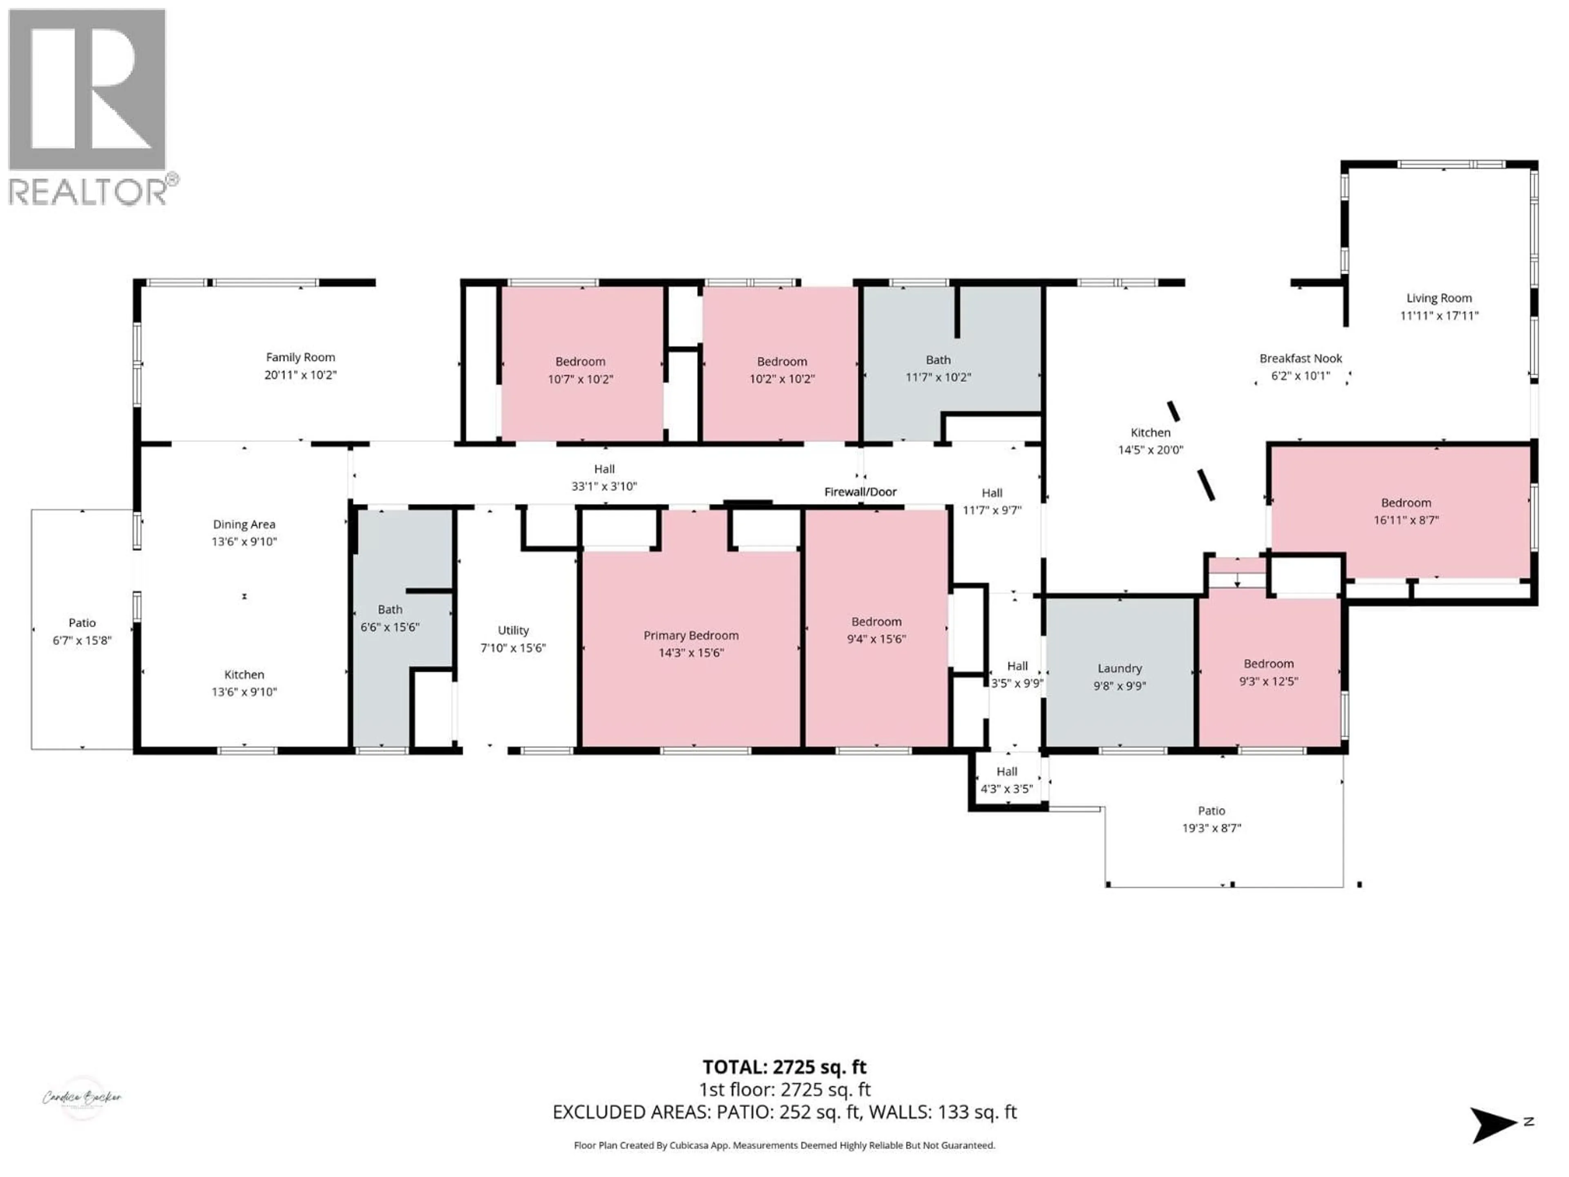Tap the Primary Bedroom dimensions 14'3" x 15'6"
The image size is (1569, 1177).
click(x=691, y=653)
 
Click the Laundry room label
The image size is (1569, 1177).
click(x=1119, y=668)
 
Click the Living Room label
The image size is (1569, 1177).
click(x=1439, y=298)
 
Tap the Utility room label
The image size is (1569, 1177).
click(x=513, y=630)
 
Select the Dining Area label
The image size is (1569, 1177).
click(x=244, y=524)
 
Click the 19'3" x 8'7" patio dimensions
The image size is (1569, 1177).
click(x=1211, y=828)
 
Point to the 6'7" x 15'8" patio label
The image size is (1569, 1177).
click(x=82, y=631)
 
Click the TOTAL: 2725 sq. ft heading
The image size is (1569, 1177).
click(x=784, y=1067)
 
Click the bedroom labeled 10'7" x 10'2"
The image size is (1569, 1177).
click(x=580, y=369)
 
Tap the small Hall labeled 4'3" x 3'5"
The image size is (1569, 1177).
click(x=1006, y=780)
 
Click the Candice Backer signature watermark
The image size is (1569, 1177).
click(x=82, y=1098)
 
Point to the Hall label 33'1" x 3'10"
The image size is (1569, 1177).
click(x=604, y=477)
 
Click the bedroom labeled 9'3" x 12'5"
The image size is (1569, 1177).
click(x=1268, y=672)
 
